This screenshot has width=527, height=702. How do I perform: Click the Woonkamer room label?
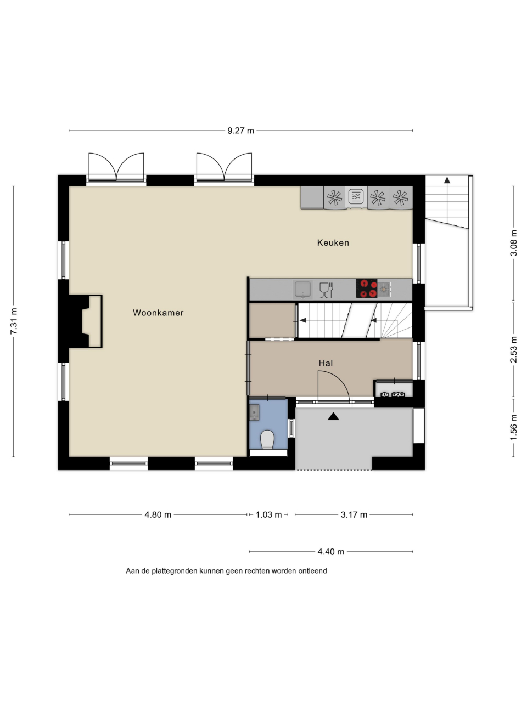pos(158,313)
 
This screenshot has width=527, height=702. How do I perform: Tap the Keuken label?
pos(333,243)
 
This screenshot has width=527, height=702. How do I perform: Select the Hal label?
pos(326,363)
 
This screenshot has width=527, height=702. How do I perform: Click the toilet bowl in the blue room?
pos(267,439)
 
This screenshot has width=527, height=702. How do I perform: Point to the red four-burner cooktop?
pos(366,288)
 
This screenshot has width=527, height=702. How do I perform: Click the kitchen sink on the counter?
pos(302,289)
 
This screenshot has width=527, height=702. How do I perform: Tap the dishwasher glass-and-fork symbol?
pos(327,290)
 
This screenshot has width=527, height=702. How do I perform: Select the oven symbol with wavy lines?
pos(356,196)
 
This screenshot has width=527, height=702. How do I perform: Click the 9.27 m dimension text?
pos(240,131)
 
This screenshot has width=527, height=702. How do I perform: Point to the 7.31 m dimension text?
pos(13,321)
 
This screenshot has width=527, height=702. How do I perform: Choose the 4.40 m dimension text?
pos(331,552)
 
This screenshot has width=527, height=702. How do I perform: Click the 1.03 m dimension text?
pos(269,514)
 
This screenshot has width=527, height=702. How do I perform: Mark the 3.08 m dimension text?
pos(513,243)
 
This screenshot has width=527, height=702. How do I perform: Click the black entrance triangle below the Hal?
pos(333,416)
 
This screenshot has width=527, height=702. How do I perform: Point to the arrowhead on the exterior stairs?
pos(447,180)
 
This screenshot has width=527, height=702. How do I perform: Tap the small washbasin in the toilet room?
pos(254,412)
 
